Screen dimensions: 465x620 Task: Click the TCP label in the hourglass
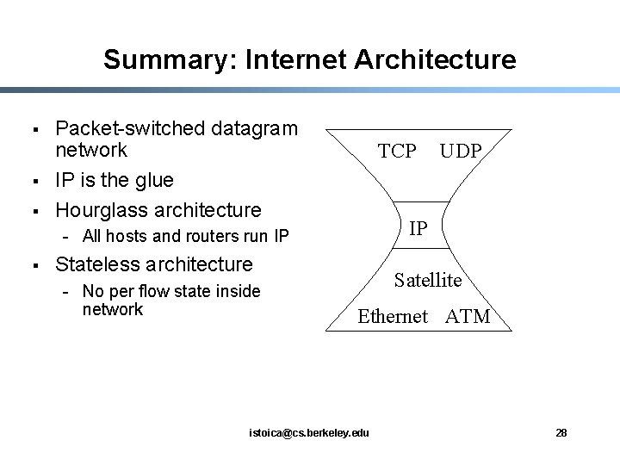point(397,152)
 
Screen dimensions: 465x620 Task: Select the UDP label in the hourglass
point(461,152)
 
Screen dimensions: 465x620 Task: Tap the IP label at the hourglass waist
point(418,228)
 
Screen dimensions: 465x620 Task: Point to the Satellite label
point(428,280)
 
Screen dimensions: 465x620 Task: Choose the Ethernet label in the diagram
point(393,316)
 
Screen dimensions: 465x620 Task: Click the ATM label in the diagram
point(468,316)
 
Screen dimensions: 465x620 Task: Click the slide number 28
point(561,432)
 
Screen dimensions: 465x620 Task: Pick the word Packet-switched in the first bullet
point(122,129)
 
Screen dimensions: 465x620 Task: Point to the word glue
point(155,180)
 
